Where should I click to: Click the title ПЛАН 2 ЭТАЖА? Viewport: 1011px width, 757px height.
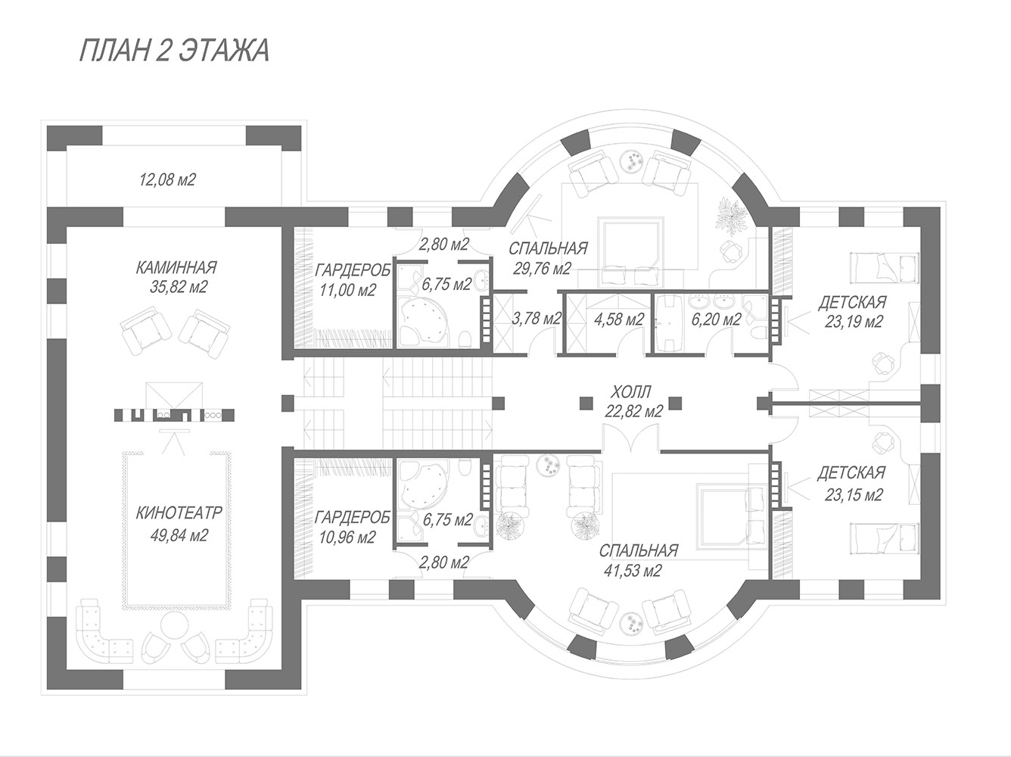click(174, 51)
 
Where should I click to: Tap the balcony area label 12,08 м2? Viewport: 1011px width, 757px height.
click(168, 179)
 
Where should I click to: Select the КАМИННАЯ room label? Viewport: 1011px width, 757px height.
click(176, 268)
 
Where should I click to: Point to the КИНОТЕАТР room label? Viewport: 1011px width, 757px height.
click(179, 512)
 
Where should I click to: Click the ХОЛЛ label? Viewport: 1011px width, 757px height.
click(630, 392)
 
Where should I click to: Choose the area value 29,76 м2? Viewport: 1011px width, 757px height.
click(542, 268)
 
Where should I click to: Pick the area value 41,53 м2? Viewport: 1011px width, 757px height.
click(633, 570)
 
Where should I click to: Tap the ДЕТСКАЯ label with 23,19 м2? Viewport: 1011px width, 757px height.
click(853, 303)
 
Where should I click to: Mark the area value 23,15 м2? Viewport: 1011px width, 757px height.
click(854, 495)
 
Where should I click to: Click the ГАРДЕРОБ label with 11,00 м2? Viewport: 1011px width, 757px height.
click(353, 270)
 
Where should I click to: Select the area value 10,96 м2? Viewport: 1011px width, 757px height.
click(347, 537)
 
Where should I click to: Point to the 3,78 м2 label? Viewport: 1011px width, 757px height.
click(537, 318)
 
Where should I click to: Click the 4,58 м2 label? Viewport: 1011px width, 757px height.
click(618, 319)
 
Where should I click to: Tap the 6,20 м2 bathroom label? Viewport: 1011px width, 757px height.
click(716, 319)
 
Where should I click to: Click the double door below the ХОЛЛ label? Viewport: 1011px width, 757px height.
click(630, 438)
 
